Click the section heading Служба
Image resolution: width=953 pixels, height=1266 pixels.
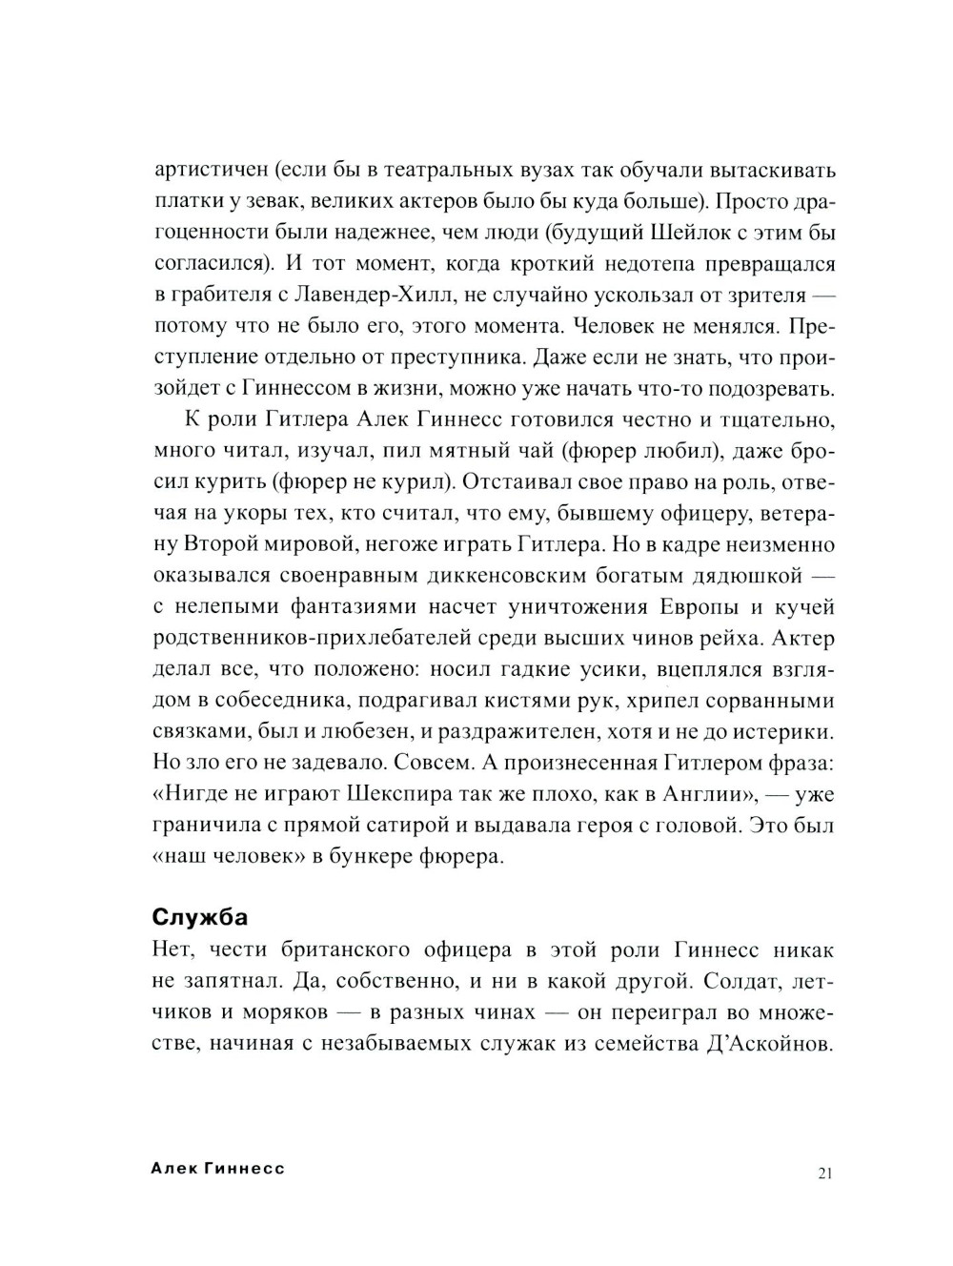tap(200, 917)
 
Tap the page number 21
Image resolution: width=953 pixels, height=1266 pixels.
tap(825, 1174)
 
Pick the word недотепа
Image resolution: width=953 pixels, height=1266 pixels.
tap(618, 264)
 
